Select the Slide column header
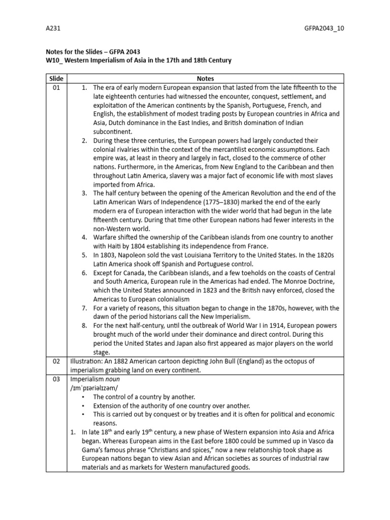pos(56,79)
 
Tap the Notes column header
pos(205,79)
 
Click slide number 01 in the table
pos(56,87)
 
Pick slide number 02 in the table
pos(56,361)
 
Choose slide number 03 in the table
pos(56,379)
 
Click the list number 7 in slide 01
pos(84,308)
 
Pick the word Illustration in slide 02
pos(86,361)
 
